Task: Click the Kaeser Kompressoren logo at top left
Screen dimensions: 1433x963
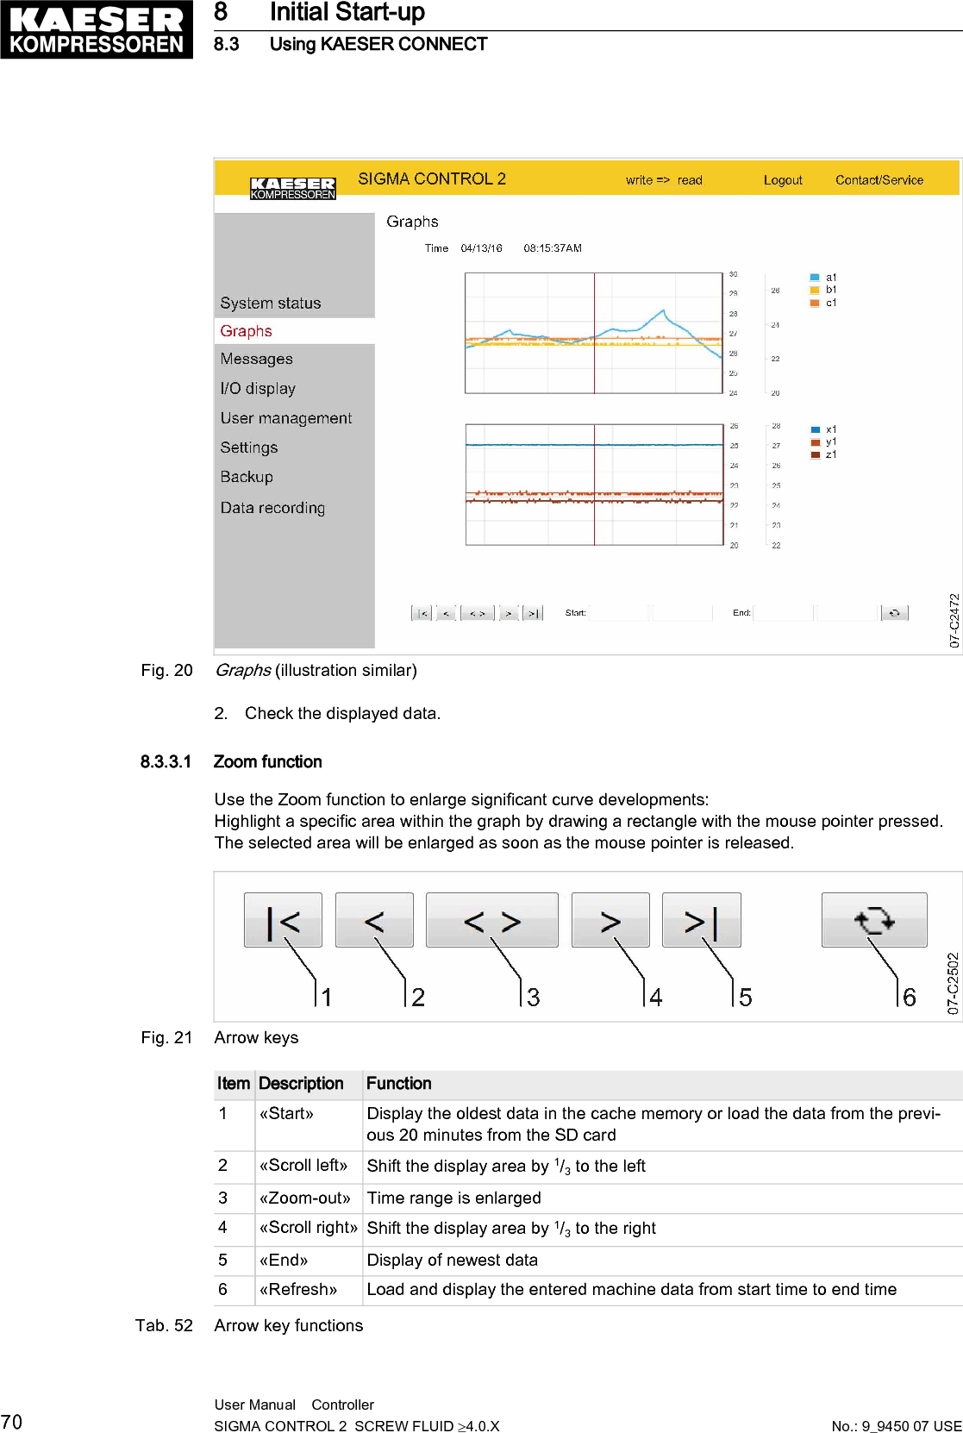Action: coord(97,29)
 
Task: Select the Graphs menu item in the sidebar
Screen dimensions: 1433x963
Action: coord(247,331)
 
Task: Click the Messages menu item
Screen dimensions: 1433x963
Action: coord(256,359)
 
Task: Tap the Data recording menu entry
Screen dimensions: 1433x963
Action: coord(272,508)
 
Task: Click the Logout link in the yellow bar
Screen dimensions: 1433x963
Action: coord(783,180)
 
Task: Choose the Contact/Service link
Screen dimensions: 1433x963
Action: coord(879,180)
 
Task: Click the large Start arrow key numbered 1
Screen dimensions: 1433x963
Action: coord(283,921)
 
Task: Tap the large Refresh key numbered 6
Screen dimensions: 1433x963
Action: coord(874,921)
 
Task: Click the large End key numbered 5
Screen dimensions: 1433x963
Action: coord(701,921)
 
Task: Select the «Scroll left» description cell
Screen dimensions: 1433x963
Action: coord(303,1166)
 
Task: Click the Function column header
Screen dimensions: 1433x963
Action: coord(398,1084)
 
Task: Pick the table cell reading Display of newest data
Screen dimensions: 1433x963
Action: coord(452,1261)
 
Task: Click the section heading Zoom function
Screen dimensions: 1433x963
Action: coord(267,762)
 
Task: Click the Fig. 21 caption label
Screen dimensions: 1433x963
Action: coord(166,1038)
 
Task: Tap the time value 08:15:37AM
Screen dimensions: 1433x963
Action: coord(552,248)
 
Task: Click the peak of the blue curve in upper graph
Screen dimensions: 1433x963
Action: coord(663,310)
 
